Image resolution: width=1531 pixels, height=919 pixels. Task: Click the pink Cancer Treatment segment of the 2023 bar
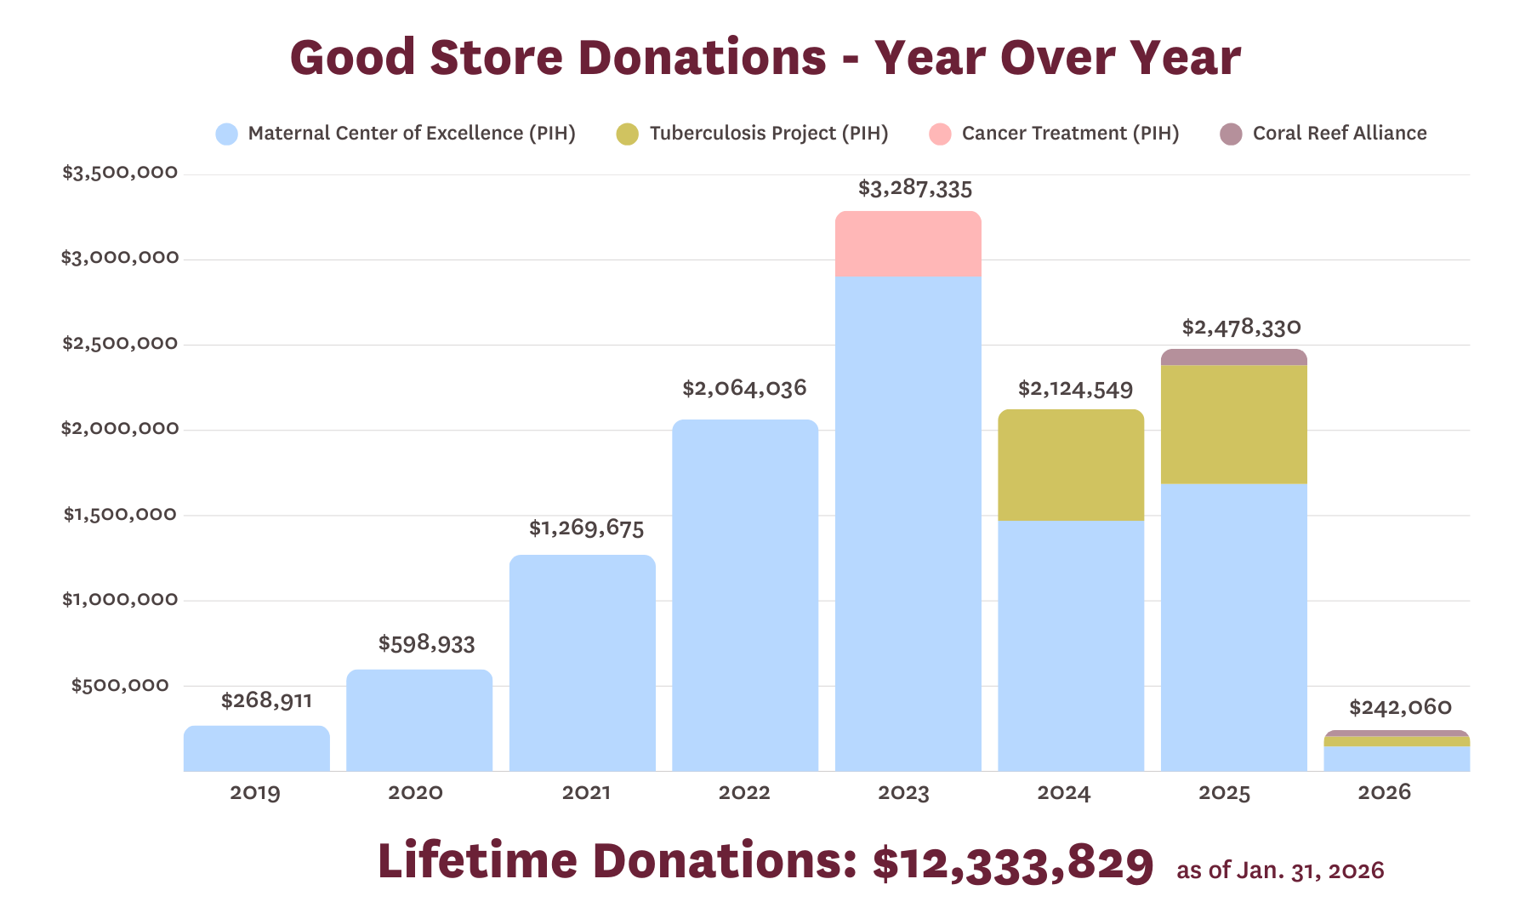(908, 244)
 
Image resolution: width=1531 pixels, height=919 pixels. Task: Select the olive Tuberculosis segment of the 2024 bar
(1070, 465)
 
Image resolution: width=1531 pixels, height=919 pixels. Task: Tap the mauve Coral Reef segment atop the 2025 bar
(1233, 357)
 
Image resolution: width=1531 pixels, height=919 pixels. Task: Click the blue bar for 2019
(256, 749)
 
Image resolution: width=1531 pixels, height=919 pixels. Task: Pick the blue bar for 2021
(582, 664)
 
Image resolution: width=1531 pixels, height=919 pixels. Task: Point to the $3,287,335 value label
(914, 188)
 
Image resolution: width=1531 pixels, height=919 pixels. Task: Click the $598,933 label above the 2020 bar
(426, 643)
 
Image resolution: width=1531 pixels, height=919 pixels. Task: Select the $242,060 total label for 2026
(1400, 707)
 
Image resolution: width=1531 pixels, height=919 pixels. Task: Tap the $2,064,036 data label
(744, 389)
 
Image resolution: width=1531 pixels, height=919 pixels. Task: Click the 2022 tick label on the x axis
(744, 793)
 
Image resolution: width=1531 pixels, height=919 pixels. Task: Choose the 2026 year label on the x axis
(1384, 793)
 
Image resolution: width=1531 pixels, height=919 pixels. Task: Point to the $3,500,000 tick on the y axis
(120, 173)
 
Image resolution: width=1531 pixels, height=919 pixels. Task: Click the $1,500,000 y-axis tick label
(120, 514)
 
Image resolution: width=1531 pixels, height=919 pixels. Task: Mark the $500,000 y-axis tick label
(120, 685)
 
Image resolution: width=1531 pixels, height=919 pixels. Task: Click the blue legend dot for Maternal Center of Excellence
(226, 134)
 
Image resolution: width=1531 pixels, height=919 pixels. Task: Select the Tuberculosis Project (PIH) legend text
(769, 134)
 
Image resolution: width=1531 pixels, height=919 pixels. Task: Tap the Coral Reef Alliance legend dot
(1231, 134)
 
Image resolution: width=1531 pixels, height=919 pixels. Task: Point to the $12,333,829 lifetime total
(1013, 862)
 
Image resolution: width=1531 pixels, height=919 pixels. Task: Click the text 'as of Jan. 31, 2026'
(1280, 870)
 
